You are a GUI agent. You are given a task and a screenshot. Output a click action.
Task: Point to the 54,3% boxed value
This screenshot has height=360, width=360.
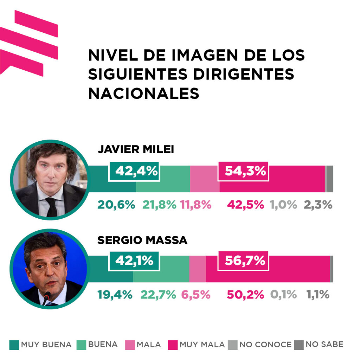pos(244,171)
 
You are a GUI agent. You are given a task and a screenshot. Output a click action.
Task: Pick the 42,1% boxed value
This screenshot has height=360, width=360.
pos(134,261)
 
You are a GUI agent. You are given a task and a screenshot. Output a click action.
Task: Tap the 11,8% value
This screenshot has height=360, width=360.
pos(195,205)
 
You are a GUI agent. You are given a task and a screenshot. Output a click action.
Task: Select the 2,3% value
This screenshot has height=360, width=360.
pos(318,205)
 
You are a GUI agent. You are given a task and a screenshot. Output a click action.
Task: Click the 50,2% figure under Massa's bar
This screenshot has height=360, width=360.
pos(245,295)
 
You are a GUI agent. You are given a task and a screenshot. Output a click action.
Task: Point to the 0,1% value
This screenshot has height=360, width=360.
pos(283,295)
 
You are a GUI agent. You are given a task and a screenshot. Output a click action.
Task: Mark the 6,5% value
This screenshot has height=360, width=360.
pos(195,295)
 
